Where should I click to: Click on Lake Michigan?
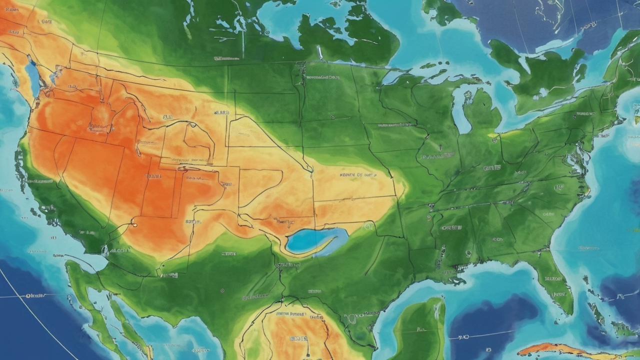pos(460,112)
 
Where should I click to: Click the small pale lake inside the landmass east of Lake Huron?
pos(542,93)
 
